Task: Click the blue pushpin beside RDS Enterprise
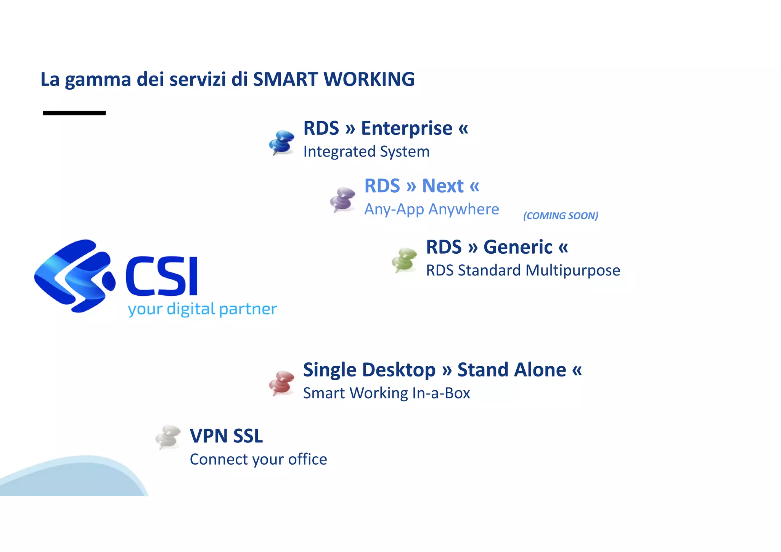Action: (x=282, y=142)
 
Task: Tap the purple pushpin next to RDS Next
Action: (x=343, y=199)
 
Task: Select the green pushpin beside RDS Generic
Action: (x=405, y=260)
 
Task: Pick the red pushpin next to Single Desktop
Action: (x=282, y=383)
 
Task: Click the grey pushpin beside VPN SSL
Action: (x=168, y=437)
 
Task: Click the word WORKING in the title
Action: (x=369, y=79)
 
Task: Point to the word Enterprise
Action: (x=407, y=128)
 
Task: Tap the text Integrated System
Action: (x=366, y=152)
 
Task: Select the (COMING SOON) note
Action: (x=560, y=216)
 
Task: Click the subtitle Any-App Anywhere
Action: (x=431, y=209)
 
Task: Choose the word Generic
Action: (x=517, y=247)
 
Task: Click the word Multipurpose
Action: (x=573, y=270)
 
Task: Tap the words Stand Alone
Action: (x=511, y=370)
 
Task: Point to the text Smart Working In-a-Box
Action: (x=386, y=393)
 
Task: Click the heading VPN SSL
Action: (x=226, y=436)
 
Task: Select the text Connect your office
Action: (x=258, y=459)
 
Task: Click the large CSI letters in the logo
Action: (x=162, y=276)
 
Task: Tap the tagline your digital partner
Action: (x=202, y=309)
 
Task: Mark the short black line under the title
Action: (x=74, y=113)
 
